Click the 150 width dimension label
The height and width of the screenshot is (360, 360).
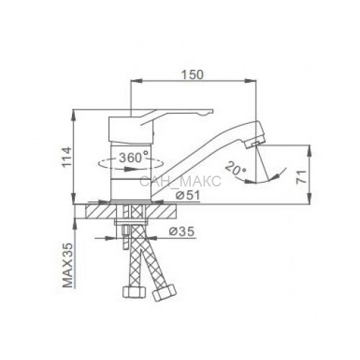192,75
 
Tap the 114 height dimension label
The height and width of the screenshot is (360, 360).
66,157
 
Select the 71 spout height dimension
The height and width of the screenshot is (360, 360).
302,176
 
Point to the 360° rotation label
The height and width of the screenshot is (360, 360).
134,158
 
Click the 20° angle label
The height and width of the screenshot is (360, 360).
236,168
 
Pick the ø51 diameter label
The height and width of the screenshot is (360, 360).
187,196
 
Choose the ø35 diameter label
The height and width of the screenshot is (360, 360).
181,231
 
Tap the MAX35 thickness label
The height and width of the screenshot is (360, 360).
68,265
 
